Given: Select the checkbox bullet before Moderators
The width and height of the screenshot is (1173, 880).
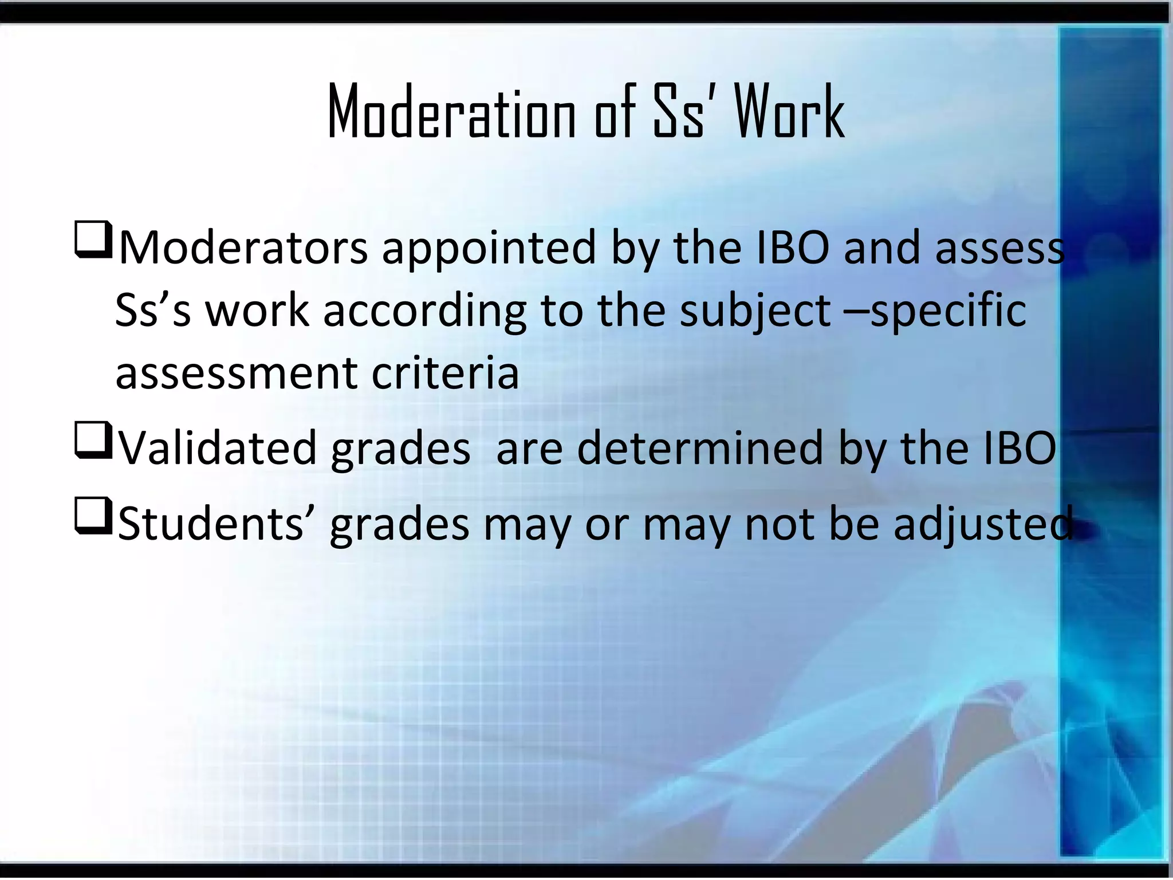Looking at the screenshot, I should click(x=92, y=241).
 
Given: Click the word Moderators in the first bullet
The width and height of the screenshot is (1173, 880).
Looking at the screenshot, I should click(x=243, y=247).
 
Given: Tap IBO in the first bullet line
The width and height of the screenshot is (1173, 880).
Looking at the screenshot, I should click(x=792, y=247).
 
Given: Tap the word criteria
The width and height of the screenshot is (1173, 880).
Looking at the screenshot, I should click(x=445, y=374).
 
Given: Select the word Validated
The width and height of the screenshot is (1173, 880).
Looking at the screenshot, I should click(x=217, y=448).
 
